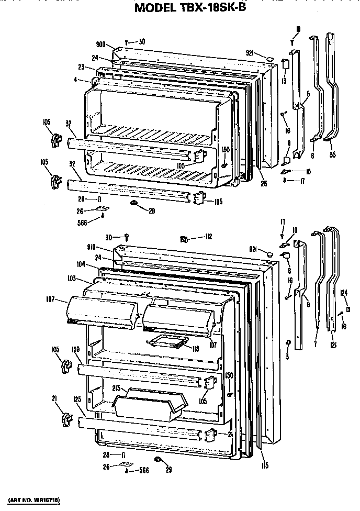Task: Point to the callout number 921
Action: click(250, 52)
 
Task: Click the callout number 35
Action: click(333, 154)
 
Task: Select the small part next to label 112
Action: click(184, 239)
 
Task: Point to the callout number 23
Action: click(82, 68)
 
